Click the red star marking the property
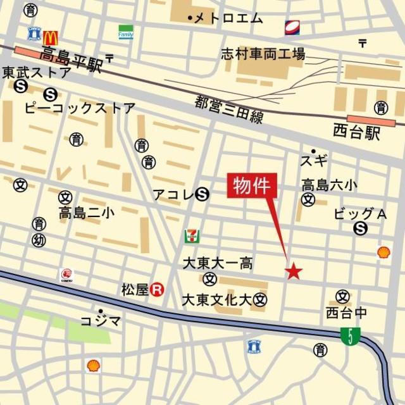coord(294,272)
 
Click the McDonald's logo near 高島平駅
coord(51,37)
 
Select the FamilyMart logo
coord(126,32)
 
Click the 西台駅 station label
coord(357,132)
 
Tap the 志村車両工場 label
coord(263,54)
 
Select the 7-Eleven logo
coord(190,237)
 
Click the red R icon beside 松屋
coord(158,290)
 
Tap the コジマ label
coord(101,321)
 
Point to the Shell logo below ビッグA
coord(383,252)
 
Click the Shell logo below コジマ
coord(93,365)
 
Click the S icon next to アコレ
coord(202,194)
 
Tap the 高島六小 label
coord(328,185)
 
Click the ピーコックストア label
coord(80,108)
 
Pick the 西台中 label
coord(347,313)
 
